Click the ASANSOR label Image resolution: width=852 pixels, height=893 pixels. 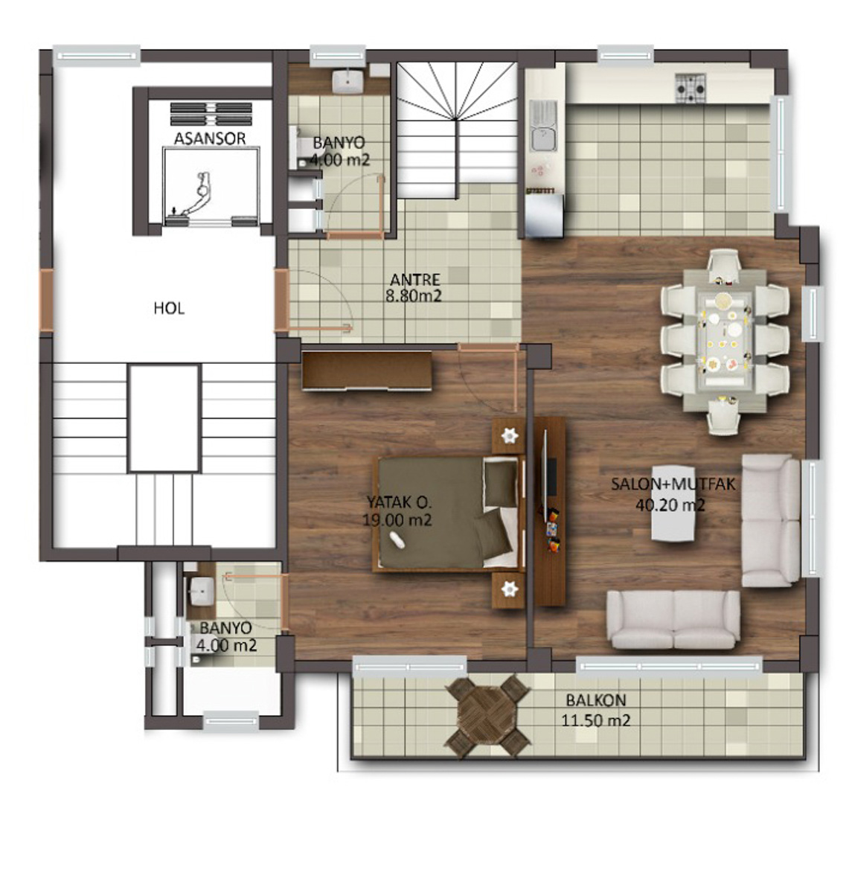pyautogui.click(x=210, y=138)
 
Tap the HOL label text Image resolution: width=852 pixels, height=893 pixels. pyautogui.click(x=169, y=308)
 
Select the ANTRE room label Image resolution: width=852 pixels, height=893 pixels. pyautogui.click(x=415, y=279)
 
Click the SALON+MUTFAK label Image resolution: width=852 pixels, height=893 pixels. pyautogui.click(x=673, y=484)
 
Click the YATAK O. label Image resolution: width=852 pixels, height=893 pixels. pyautogui.click(x=399, y=502)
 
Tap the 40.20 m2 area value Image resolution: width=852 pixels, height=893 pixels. pyautogui.click(x=670, y=505)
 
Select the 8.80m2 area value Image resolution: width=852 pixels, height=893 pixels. pyautogui.click(x=414, y=296)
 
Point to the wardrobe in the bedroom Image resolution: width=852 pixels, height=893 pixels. pyautogui.click(x=367, y=370)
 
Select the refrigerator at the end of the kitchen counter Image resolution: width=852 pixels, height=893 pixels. pyautogui.click(x=545, y=216)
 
